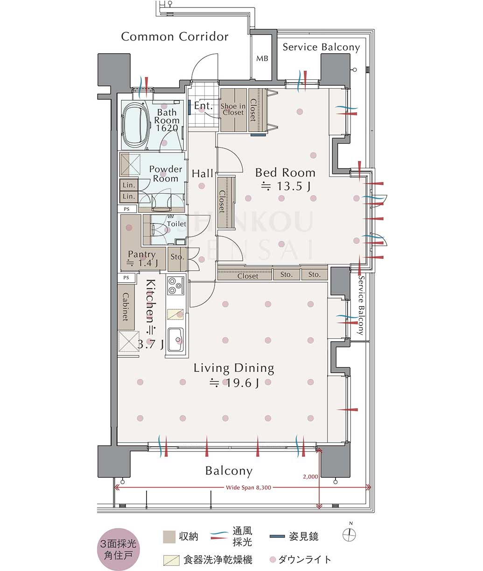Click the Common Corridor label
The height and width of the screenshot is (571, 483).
pos(175,36)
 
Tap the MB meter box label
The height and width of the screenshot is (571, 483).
pos(262,59)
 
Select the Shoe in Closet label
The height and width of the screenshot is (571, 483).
pos(233,109)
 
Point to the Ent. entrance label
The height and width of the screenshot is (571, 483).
pos(203,105)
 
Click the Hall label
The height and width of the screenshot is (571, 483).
pos(203,174)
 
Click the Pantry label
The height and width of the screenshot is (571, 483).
pos(142,254)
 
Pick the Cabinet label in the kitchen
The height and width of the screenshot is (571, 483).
pos(126,306)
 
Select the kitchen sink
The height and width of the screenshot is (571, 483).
pos(176,339)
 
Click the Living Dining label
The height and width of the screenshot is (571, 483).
pos(234,368)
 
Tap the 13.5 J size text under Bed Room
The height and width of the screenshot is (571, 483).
pos(286,186)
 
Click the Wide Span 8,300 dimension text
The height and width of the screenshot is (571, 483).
pos(248,487)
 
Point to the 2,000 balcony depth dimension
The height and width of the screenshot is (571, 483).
pos(310,476)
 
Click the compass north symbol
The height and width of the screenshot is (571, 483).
pos(349,536)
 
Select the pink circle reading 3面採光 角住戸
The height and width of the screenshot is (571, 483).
pos(118,548)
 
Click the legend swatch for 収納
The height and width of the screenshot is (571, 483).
pos(169,537)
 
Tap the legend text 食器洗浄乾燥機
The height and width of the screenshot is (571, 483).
pos(218,560)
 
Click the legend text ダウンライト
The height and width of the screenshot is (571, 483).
pos(305,560)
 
